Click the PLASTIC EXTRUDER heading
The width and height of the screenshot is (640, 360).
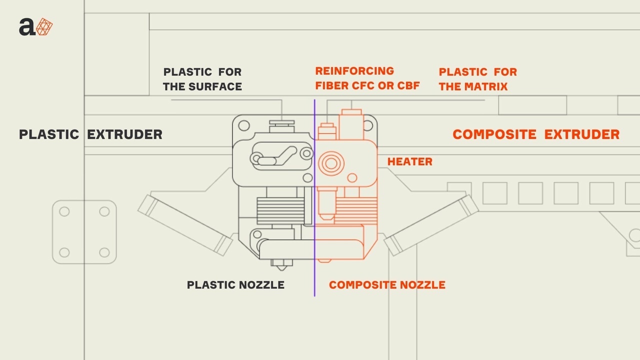[90, 134]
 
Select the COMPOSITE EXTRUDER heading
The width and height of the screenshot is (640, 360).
[535, 134]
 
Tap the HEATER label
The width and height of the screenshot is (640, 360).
[409, 162]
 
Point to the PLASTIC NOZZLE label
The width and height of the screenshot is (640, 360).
[235, 285]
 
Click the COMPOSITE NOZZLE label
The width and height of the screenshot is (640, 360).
[387, 285]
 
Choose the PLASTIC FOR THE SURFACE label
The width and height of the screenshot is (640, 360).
[202, 79]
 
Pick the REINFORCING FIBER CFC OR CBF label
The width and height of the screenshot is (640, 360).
[367, 78]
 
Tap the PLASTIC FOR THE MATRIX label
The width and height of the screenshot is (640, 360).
[477, 79]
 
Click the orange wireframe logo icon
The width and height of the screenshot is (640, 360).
[45, 26]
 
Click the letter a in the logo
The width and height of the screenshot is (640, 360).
[27, 27]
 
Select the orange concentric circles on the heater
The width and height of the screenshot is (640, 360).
[330, 162]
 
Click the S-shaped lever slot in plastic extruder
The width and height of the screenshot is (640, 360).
[275, 155]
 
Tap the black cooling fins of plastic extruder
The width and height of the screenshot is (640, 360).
[280, 210]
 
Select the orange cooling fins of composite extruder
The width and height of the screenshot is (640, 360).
[356, 210]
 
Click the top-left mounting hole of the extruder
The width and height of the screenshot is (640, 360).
[243, 125]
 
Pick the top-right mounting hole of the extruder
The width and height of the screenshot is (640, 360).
[369, 124]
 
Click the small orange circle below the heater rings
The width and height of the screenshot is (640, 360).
[352, 177]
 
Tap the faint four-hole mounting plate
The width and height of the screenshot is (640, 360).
[84, 232]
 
